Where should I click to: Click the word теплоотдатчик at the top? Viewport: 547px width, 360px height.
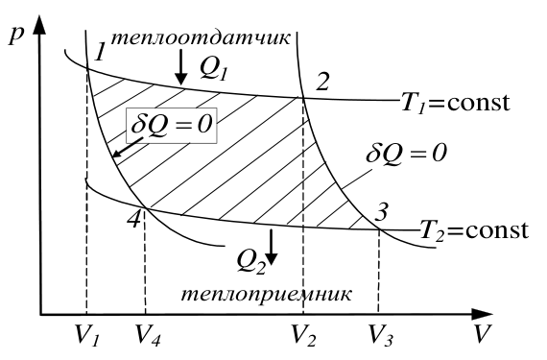coord(200,38)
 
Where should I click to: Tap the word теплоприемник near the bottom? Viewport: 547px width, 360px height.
coord(266,294)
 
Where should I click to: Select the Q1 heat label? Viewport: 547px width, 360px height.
coord(213,68)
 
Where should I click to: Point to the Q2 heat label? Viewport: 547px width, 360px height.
coord(250,263)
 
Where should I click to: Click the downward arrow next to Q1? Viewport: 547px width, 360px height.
coord(180,66)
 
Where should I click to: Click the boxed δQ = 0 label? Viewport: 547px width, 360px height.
coord(172,125)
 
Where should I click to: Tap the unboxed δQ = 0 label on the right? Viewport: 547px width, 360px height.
coord(406,153)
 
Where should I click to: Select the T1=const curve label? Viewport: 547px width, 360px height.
coord(456,103)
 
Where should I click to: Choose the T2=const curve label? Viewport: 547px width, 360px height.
coord(474,230)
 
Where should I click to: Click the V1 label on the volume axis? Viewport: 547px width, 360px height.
coord(87,335)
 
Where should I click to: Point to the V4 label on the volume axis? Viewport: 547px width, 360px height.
coord(148,335)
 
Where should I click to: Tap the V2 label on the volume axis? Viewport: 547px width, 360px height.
coord(303,335)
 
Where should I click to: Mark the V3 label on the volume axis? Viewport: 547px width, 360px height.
coord(381,335)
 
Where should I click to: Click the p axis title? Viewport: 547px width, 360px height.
coord(15,36)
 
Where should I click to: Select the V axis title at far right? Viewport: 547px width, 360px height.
coord(483,333)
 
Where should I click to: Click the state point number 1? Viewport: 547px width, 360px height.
coord(100,52)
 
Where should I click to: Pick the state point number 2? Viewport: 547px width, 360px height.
coord(321,83)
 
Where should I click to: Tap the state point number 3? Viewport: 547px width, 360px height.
coord(381,212)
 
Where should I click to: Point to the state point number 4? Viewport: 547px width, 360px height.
coord(134,220)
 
